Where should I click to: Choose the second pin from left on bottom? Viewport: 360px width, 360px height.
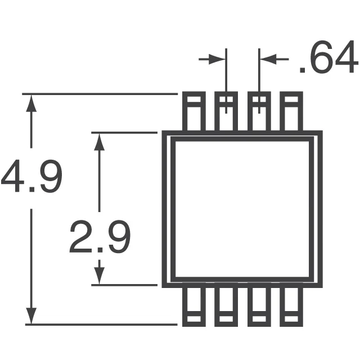click(x=226, y=307)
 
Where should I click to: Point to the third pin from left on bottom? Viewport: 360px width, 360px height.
click(x=259, y=307)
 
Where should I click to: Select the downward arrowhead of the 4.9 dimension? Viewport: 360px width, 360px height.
click(x=32, y=316)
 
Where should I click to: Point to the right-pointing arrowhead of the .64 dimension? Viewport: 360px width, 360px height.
click(x=219, y=59)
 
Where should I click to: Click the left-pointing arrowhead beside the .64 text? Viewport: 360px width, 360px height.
click(x=266, y=59)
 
